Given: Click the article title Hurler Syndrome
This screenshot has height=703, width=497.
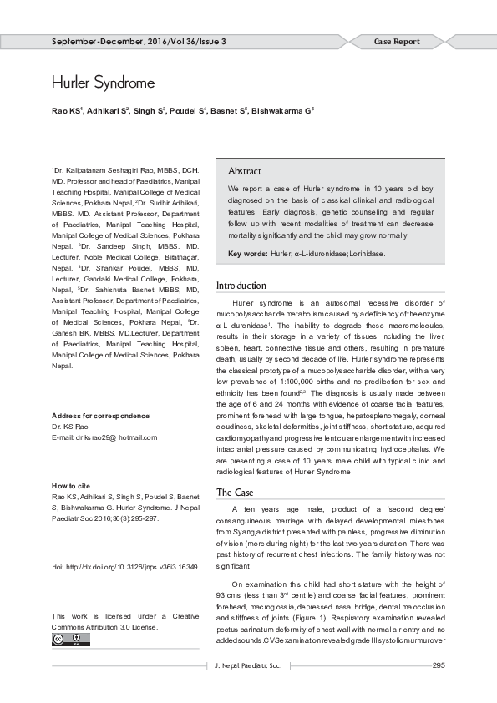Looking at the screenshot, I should (x=103, y=83).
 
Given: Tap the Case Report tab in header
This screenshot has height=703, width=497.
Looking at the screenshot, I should (x=396, y=42).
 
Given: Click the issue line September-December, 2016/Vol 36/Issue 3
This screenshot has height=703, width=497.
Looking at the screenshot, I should (x=139, y=42).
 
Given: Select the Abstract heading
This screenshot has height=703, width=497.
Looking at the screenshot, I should (x=245, y=171).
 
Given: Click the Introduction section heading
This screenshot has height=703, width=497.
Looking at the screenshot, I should (x=241, y=286).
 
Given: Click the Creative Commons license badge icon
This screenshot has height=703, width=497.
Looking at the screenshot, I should (x=70, y=640).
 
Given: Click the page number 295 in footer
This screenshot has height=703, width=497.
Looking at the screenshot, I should (x=438, y=665).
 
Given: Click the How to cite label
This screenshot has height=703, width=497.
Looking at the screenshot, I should (x=71, y=485).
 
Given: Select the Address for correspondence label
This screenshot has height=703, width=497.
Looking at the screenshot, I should (x=101, y=415).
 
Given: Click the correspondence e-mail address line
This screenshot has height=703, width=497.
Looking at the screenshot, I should (x=104, y=437).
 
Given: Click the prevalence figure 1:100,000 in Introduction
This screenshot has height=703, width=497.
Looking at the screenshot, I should (x=277, y=382).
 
